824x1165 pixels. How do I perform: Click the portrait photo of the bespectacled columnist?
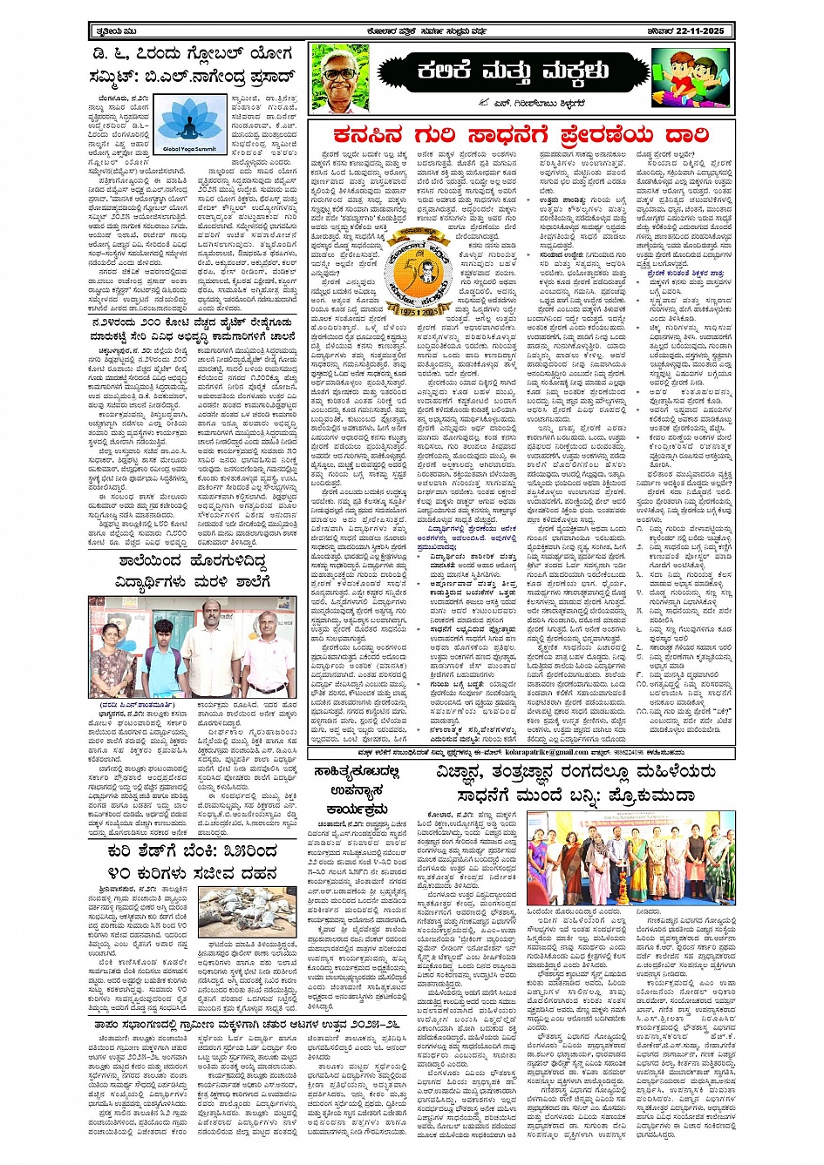pyautogui.click(x=340, y=75)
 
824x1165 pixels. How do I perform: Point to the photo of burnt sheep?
pyautogui.click(x=247, y=911)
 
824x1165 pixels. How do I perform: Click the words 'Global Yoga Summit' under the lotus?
pyautogui.click(x=189, y=149)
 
